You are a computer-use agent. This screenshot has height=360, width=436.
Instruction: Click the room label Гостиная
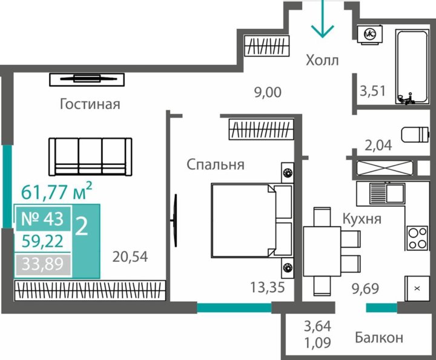(x=90, y=104)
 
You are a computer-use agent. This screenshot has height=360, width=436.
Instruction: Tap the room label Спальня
(x=216, y=164)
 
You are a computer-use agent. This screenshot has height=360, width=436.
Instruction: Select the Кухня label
(x=362, y=219)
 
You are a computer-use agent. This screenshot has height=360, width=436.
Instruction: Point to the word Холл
(x=322, y=60)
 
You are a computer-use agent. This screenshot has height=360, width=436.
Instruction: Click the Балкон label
(x=379, y=338)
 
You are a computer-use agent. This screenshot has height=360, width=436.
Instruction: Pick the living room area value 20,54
(x=130, y=256)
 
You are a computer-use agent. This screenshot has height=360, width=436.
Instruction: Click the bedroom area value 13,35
(x=268, y=287)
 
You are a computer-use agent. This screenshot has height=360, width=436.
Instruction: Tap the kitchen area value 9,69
(x=365, y=288)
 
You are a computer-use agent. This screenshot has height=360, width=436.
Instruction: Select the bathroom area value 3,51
(x=372, y=91)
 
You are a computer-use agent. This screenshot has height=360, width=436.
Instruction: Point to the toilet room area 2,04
(x=378, y=145)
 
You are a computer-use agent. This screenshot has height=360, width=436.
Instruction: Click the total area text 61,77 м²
(x=56, y=191)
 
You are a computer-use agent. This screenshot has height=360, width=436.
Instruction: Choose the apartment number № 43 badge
(x=43, y=219)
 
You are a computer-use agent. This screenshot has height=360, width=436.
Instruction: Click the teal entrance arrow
(x=322, y=19)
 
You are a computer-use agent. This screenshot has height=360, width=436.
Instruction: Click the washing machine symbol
(x=370, y=34)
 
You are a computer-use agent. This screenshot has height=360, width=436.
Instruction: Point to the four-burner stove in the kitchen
(x=417, y=238)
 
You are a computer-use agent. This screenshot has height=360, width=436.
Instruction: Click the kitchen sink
(x=388, y=193)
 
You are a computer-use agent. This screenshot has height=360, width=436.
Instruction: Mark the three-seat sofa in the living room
(x=90, y=156)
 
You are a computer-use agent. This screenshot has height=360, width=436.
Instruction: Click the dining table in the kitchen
(x=322, y=252)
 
